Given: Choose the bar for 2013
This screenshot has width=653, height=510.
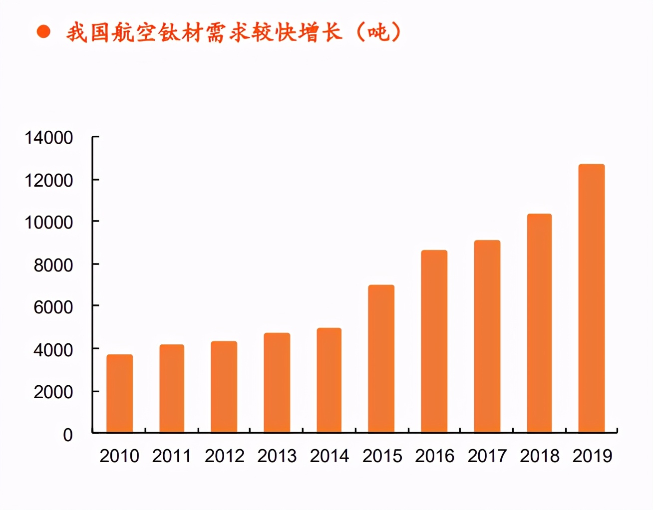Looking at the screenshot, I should click(x=277, y=382).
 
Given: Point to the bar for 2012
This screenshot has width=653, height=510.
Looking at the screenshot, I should click(x=224, y=387).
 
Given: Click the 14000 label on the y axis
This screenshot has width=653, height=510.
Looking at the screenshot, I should click(x=49, y=138).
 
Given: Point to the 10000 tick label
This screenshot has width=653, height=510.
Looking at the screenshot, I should click(x=49, y=223).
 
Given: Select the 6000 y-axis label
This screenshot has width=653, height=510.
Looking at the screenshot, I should click(x=53, y=307).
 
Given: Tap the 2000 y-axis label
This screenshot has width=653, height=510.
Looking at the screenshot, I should click(x=53, y=392).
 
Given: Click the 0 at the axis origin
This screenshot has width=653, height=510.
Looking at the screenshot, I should click(x=68, y=435).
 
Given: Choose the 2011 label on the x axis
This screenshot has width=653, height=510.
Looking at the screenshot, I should click(x=172, y=456).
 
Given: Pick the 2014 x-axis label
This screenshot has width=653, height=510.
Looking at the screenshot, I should click(x=329, y=456).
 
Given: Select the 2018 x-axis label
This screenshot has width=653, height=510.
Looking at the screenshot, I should click(x=540, y=456).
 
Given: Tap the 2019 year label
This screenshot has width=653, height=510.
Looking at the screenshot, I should click(x=592, y=456).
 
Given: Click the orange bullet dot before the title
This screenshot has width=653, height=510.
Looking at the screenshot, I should click(x=44, y=32).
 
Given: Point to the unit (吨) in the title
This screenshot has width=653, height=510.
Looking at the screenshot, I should click(x=379, y=32).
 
